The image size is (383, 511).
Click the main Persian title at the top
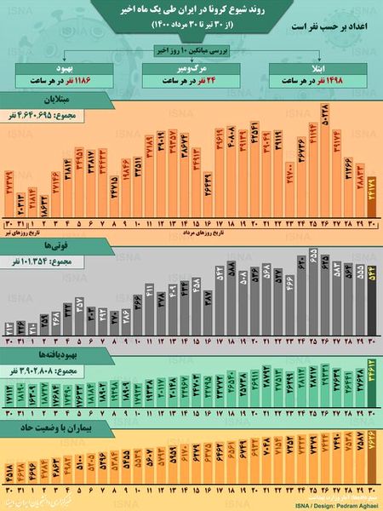(x=191, y=11)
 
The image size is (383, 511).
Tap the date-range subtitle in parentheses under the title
(x=191, y=26)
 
